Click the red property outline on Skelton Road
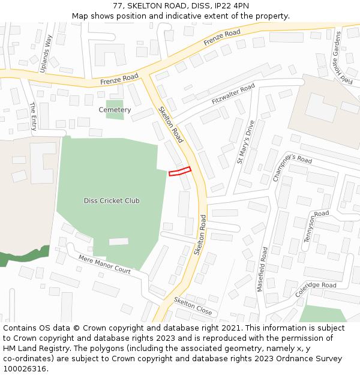(x=180, y=172)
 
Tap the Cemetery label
(x=115, y=110)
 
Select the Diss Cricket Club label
(x=112, y=200)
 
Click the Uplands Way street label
(x=46, y=53)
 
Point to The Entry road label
(x=33, y=116)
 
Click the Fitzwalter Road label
(x=233, y=95)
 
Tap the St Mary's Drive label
(x=245, y=142)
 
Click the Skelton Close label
(x=193, y=307)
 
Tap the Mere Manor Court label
(x=104, y=265)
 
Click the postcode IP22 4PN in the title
(x=229, y=5)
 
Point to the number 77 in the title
(x=118, y=5)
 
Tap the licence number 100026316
(x=25, y=368)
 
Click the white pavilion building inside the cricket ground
(x=119, y=241)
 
